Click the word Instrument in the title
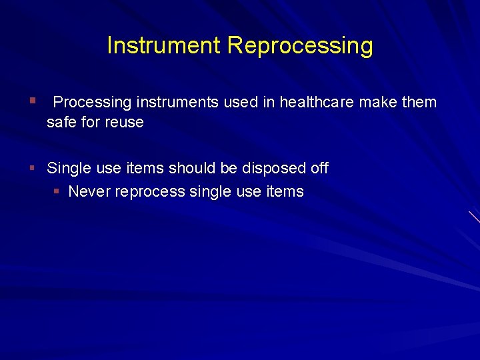163,46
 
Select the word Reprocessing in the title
299,47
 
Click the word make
378,102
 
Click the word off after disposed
319,168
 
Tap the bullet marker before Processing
31,101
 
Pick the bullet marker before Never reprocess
57,192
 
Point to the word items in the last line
285,192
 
